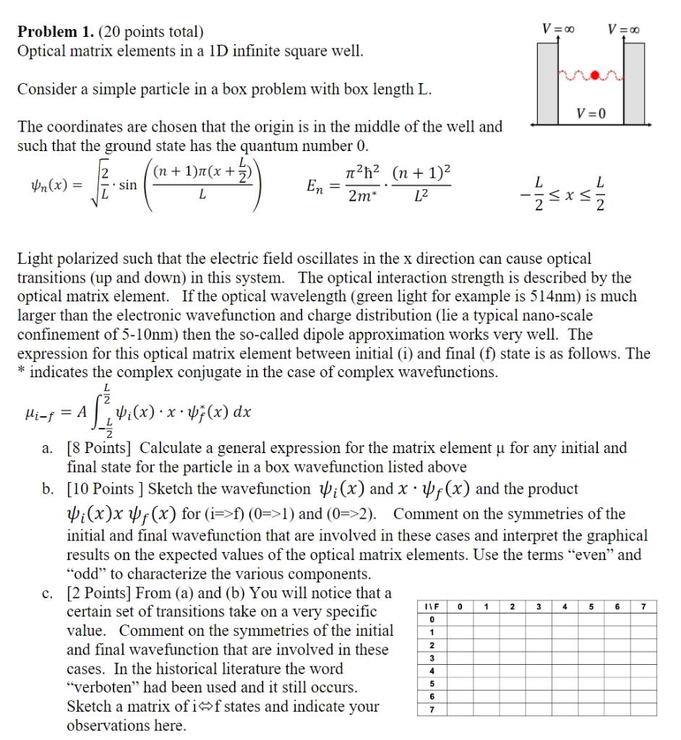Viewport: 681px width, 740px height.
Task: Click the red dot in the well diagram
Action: (593, 74)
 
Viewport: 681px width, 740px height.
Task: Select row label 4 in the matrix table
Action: (431, 670)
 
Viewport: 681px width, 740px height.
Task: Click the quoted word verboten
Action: (100, 687)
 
